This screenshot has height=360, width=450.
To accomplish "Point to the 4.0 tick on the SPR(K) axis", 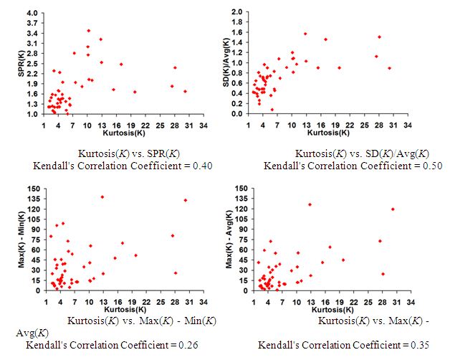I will pos(32,13).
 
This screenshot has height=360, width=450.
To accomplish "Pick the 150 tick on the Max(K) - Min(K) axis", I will pos(32,189).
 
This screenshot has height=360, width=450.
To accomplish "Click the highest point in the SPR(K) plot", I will pos(88,31).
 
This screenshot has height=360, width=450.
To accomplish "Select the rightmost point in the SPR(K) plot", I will pos(185,91).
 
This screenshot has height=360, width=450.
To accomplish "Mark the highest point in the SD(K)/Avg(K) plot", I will pos(305,34).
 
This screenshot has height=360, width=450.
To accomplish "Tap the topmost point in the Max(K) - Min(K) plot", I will pos(102,197).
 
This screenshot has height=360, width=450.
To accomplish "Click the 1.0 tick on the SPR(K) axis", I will pos(32,114).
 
